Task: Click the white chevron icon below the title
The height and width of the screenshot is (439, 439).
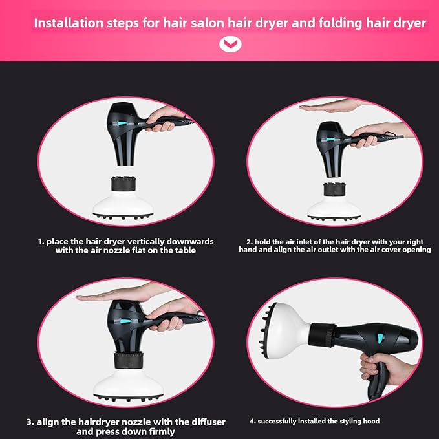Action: coord(230,45)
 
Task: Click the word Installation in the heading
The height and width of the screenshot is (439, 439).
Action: coord(69,23)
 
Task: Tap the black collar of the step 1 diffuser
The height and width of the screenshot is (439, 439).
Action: coord(123,184)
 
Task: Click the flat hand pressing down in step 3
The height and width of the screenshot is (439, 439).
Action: coord(118,294)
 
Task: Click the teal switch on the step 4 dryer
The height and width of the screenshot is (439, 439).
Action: coord(380,338)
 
